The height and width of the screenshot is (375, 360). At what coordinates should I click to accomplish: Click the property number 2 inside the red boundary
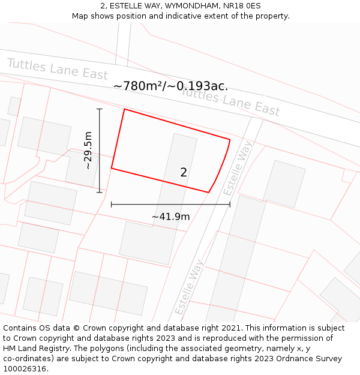pyautogui.click(x=184, y=172)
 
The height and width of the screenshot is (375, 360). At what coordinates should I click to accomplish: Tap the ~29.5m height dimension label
pyautogui.click(x=88, y=150)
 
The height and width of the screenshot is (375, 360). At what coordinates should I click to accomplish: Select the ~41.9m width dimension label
pyautogui.click(x=170, y=217)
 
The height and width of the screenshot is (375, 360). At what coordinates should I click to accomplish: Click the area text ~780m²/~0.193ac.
pyautogui.click(x=170, y=86)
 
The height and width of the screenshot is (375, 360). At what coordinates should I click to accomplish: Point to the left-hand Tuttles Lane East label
pyautogui.click(x=58, y=68)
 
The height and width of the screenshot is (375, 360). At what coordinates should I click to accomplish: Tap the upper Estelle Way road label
pyautogui.click(x=236, y=168)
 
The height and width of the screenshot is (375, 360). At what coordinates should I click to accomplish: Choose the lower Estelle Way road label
pyautogui.click(x=190, y=287)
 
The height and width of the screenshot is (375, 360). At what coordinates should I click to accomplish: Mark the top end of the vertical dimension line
pyautogui.click(x=100, y=109)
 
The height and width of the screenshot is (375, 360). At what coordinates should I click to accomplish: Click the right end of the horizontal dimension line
pyautogui.click(x=230, y=205)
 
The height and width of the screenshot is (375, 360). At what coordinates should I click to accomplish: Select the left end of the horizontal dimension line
pyautogui.click(x=112, y=205)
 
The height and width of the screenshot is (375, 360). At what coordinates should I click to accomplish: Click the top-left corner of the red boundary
pyautogui.click(x=124, y=109)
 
